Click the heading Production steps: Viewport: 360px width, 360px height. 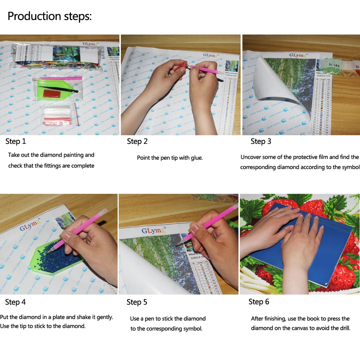[x=50, y=17]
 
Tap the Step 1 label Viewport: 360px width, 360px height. [x=16, y=141]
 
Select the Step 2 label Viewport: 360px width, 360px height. [x=137, y=141]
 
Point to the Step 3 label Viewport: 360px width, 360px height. [x=261, y=141]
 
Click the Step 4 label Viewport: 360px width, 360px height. [x=15, y=302]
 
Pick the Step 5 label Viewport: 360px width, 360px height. [x=137, y=302]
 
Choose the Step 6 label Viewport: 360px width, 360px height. [x=259, y=302]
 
